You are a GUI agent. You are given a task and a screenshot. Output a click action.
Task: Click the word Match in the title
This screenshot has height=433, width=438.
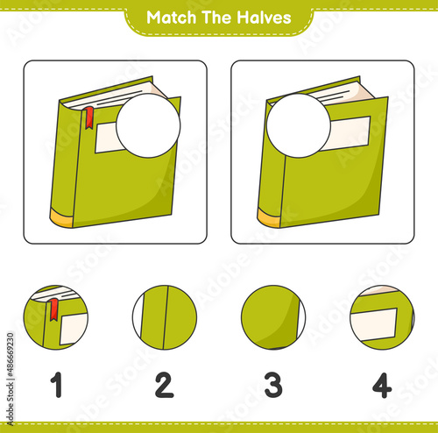(x=171, y=18)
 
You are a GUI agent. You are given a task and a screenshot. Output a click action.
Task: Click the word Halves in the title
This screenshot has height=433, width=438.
(x=264, y=18)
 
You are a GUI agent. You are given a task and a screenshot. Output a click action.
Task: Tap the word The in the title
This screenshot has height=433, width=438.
(x=216, y=18)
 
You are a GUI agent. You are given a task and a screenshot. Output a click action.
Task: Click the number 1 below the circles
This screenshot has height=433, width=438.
(x=57, y=385)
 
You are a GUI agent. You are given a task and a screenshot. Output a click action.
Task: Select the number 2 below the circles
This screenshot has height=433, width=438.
(x=165, y=385)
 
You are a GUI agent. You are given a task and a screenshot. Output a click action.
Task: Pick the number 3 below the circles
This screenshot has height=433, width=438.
(x=273, y=385)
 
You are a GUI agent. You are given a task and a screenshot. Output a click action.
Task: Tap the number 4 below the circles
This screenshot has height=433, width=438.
(x=382, y=385)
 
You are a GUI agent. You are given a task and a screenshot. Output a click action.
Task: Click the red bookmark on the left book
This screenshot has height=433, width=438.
(x=89, y=117)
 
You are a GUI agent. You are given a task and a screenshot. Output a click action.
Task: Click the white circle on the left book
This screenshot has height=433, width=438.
(x=148, y=125)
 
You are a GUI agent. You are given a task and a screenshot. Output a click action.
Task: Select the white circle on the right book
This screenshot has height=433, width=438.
(x=299, y=125)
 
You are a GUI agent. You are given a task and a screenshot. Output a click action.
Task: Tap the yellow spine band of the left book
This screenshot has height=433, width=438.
(x=62, y=218)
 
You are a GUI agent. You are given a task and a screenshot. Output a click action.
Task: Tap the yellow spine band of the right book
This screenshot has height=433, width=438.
(x=269, y=218)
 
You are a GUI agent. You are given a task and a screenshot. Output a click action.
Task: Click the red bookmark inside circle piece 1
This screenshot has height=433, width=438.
(x=53, y=309)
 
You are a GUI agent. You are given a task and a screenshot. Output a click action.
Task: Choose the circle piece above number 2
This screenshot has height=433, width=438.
(x=165, y=317)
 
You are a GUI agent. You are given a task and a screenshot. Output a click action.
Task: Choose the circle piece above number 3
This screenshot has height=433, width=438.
(x=273, y=317)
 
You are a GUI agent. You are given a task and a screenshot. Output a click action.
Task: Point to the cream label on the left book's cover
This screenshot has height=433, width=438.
(x=108, y=138)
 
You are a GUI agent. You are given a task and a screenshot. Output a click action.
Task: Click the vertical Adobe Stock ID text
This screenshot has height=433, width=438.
(x=11, y=379)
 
